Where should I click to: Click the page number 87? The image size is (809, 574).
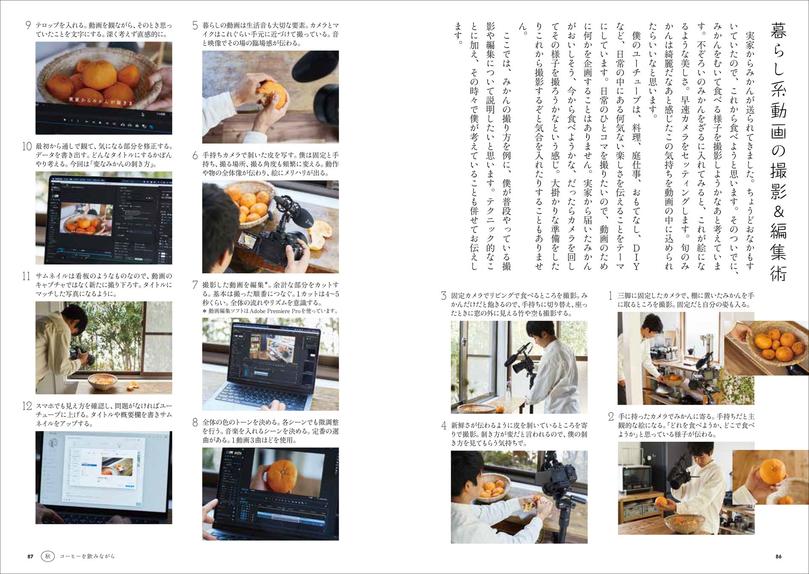click(30, 556)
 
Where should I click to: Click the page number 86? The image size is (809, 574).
click(778, 556)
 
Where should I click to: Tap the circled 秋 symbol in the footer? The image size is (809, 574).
click(48, 556)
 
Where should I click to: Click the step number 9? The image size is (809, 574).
click(28, 25)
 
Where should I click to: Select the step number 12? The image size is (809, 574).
click(27, 406)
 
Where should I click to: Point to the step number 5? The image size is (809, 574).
click(195, 25)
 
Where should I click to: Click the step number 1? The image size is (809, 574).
click(610, 296)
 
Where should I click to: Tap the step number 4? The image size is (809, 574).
click(444, 425)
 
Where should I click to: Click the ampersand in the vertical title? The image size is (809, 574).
click(778, 211)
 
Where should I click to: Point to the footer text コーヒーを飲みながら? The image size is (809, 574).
click(87, 556)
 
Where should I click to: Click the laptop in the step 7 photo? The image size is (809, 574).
click(268, 366)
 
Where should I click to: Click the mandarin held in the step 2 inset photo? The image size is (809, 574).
click(772, 471)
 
